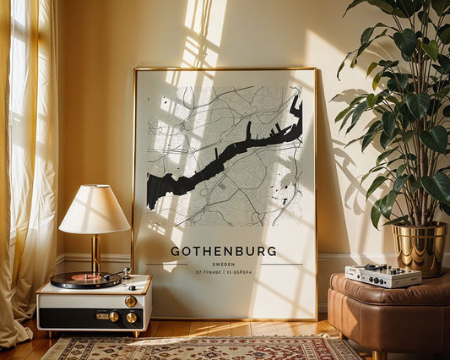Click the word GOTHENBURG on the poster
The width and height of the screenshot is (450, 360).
tap(223, 251)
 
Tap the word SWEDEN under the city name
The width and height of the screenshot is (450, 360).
tap(224, 264)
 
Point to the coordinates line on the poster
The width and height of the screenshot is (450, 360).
tap(224, 272)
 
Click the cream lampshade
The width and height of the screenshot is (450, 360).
tap(95, 210)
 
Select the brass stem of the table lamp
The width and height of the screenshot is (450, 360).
tap(95, 253)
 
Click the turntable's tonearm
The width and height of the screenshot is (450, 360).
tap(117, 275)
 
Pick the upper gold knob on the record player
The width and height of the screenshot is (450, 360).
tap(130, 301)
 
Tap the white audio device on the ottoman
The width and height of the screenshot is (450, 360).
tap(383, 275)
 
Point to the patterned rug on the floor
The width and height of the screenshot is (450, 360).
tap(203, 347)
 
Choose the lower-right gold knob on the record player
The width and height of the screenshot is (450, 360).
tap(132, 318)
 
